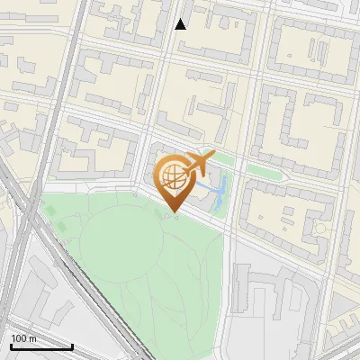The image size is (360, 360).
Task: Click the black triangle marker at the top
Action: (x=181, y=24)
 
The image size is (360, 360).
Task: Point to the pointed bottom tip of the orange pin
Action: (x=175, y=212)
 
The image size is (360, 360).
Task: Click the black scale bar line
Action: (x=41, y=346)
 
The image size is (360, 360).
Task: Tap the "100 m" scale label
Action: (x=24, y=338)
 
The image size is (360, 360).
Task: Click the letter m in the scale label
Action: (x=32, y=338)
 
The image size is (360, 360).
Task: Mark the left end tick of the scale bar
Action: (x=11, y=345)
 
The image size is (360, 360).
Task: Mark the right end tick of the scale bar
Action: (x=72, y=345)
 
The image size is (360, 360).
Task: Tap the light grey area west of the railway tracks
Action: (x=18, y=297)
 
